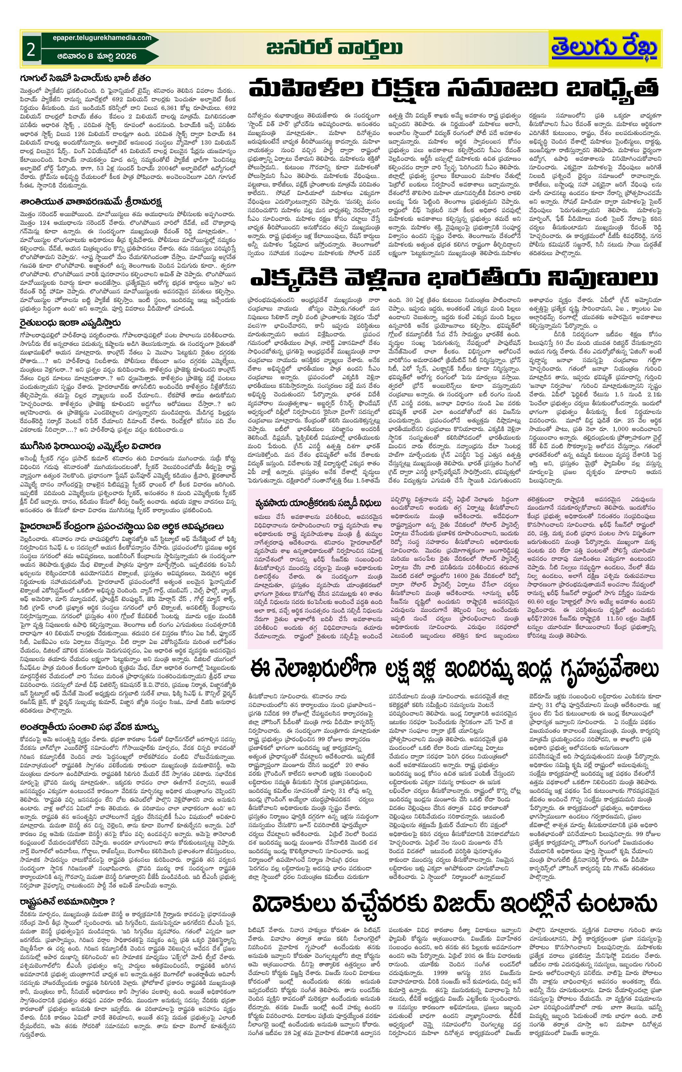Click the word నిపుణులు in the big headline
602,279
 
